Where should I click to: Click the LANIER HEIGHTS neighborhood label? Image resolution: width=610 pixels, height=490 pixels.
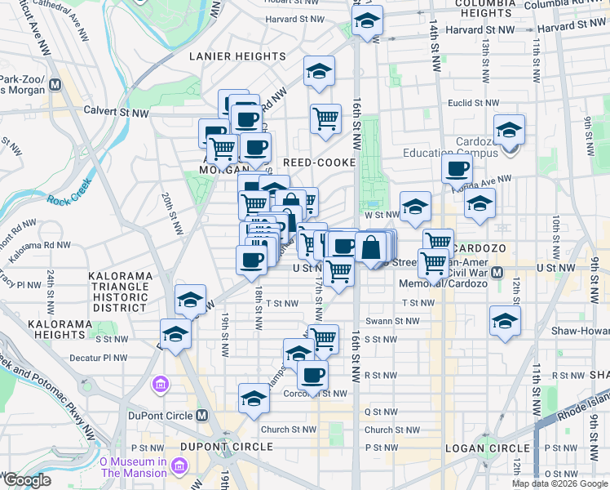click(237, 56)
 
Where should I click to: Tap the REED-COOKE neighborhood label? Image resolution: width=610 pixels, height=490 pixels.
click(320, 163)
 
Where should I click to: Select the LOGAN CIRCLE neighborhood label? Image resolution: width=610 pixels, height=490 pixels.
click(487, 448)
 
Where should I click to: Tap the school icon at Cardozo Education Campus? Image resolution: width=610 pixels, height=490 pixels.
click(509, 131)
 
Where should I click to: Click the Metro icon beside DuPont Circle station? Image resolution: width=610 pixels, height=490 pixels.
click(203, 416)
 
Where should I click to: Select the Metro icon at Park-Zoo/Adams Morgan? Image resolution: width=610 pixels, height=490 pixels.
click(55, 84)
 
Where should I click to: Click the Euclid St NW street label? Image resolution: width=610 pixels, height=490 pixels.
click(472, 103)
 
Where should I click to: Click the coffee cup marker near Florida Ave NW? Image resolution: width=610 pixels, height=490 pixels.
click(457, 170)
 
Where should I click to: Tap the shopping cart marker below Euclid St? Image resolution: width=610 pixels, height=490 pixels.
click(325, 118)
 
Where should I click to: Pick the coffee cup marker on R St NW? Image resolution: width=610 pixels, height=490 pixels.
click(312, 376)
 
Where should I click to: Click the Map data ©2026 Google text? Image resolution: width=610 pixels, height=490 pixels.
click(559, 483)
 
